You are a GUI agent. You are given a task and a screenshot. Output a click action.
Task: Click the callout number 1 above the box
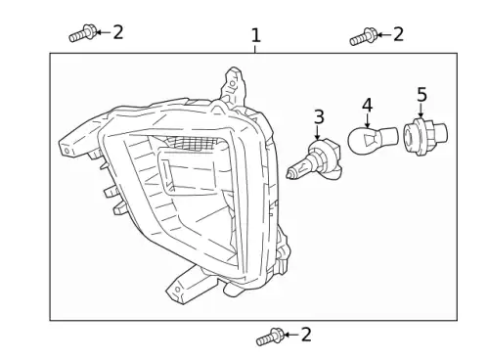pyautogui.click(x=256, y=35)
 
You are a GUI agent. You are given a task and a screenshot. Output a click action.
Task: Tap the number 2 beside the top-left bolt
pyautogui.click(x=118, y=32)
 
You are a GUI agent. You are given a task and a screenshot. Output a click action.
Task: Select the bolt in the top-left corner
pyautogui.click(x=83, y=33)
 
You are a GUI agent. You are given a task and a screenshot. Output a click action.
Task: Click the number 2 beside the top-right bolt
pyautogui.click(x=398, y=34)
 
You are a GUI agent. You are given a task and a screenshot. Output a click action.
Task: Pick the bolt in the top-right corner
pyautogui.click(x=364, y=37)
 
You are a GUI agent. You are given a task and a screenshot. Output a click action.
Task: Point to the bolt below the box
pyautogui.click(x=270, y=337)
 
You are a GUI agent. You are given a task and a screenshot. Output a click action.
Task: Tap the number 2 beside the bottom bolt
pyautogui.click(x=306, y=335)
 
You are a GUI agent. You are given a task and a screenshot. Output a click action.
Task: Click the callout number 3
pyautogui.click(x=319, y=116)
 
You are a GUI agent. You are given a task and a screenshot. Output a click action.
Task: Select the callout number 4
pyautogui.click(x=367, y=105)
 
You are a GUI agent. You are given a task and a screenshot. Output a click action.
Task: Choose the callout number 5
pyautogui.click(x=422, y=95)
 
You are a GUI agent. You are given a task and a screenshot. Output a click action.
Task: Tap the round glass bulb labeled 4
pyautogui.click(x=373, y=140)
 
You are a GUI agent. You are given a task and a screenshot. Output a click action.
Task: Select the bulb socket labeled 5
pyautogui.click(x=425, y=136)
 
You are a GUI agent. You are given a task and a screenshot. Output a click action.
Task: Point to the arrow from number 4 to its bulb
pyautogui.click(x=368, y=120)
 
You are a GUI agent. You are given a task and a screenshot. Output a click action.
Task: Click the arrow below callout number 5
pyautogui.click(x=421, y=110)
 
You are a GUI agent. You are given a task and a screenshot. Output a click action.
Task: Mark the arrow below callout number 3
pyautogui.click(x=317, y=132)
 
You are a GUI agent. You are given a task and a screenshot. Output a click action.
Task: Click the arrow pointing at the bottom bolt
pyautogui.click(x=291, y=335)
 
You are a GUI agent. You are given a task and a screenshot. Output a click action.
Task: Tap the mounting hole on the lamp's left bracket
pyautogui.click(x=67, y=151)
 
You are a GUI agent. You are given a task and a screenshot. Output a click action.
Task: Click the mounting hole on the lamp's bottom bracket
pyautogui.click(x=178, y=290)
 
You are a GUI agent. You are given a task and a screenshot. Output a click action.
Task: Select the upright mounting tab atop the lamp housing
pyautogui.click(x=233, y=86)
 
